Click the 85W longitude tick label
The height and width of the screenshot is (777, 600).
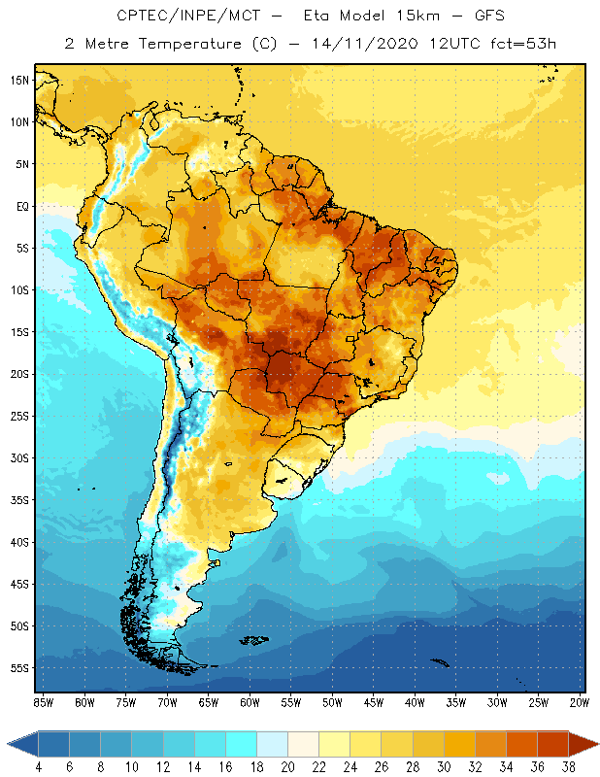click(44, 702)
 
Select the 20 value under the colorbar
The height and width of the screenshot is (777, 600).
click(288, 766)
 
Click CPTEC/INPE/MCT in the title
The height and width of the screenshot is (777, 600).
click(181, 17)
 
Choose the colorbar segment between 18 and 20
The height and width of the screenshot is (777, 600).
click(273, 743)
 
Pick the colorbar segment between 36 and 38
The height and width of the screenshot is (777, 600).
click(553, 743)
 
